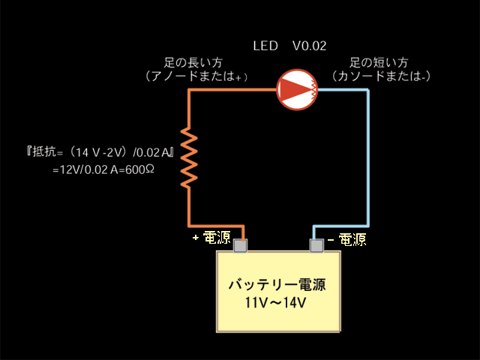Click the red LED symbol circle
pyautogui.click(x=297, y=90)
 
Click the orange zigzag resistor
pyautogui.click(x=189, y=157)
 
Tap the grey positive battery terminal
pyautogui.click(x=240, y=245)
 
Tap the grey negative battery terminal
pyautogui.click(x=316, y=245)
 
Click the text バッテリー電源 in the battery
pyautogui.click(x=277, y=285)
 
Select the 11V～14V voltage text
pyautogui.click(x=275, y=303)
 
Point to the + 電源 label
pyautogui.click(x=211, y=237)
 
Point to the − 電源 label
pyautogui.click(x=347, y=239)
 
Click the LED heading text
pyautogui.click(x=265, y=46)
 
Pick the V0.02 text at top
pyautogui.click(x=310, y=46)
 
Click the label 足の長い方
pyautogui.click(x=193, y=62)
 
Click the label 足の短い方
pyautogui.click(x=379, y=62)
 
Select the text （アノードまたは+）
pyautogui.click(x=196, y=76)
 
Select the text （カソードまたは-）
pyautogui.click(x=382, y=76)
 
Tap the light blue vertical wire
pyautogui.click(x=367, y=158)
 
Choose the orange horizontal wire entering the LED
pyautogui.click(x=232, y=90)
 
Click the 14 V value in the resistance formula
pyautogui.click(x=87, y=152)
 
